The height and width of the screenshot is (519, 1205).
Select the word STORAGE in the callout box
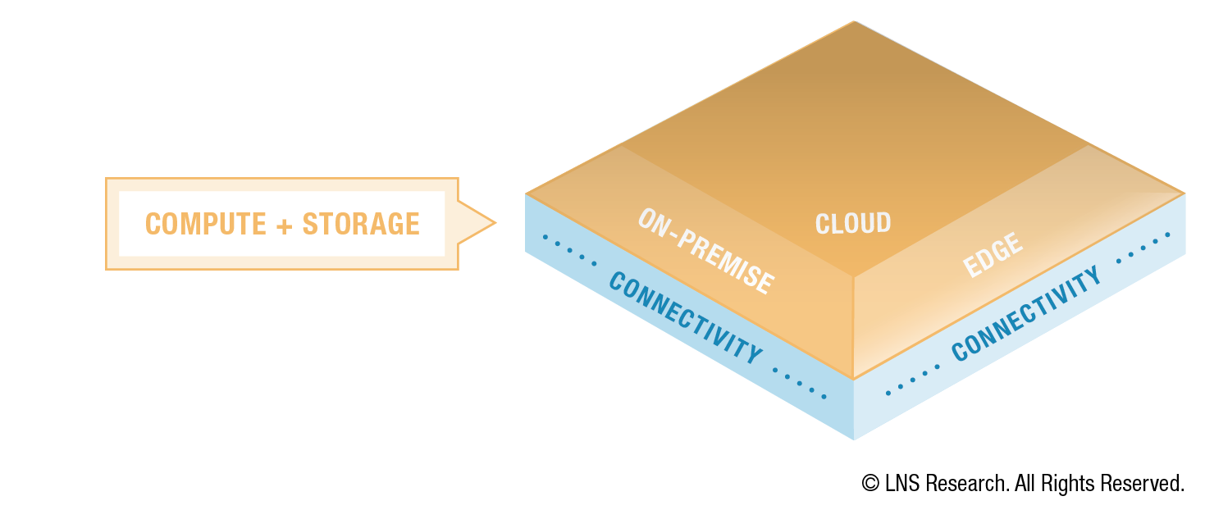pos(361,225)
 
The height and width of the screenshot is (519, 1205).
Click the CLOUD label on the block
pos(853,223)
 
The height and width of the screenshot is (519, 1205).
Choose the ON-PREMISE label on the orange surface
pos(705,252)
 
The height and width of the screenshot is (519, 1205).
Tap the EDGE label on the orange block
pos(993,255)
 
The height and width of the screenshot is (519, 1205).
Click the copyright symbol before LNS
pos(870,484)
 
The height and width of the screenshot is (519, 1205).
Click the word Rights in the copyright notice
pos(1066,484)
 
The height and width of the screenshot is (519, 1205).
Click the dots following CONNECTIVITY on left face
pos(801,383)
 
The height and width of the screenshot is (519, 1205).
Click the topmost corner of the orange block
pos(855,21)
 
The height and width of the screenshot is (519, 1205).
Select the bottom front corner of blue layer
pos(854,439)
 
